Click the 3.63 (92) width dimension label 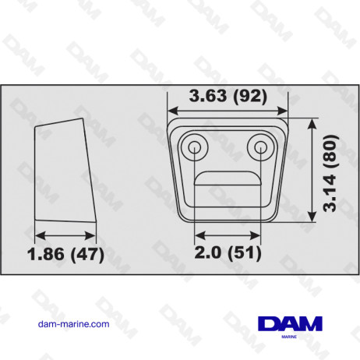point(228,96)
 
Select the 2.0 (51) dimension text point(226,253)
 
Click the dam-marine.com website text point(73,323)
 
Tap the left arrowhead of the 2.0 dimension point(199,233)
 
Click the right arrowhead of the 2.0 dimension point(256,233)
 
